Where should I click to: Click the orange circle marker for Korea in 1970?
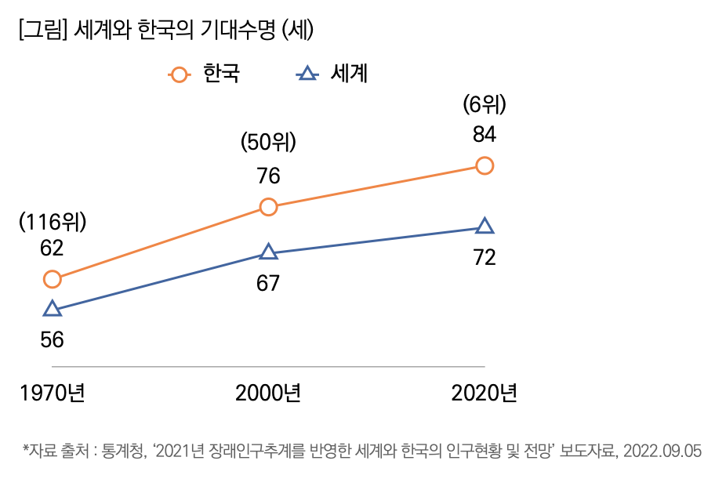click(52, 279)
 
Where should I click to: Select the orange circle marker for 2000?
click(268, 207)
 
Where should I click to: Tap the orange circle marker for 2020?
click(485, 165)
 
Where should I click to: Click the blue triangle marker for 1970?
click(52, 309)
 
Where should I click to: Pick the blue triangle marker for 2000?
click(268, 252)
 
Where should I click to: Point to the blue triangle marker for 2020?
click(485, 227)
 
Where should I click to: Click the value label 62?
click(52, 248)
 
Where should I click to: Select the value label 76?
click(268, 176)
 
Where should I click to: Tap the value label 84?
click(485, 134)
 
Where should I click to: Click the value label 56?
click(52, 339)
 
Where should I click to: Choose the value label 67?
click(268, 283)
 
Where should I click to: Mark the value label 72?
click(485, 257)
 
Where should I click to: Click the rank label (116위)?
click(52, 222)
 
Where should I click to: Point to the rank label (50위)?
click(268, 143)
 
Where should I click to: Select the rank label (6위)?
click(485, 103)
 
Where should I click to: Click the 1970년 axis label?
click(52, 393)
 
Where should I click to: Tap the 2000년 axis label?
click(268, 393)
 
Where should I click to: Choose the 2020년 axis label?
click(485, 393)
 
